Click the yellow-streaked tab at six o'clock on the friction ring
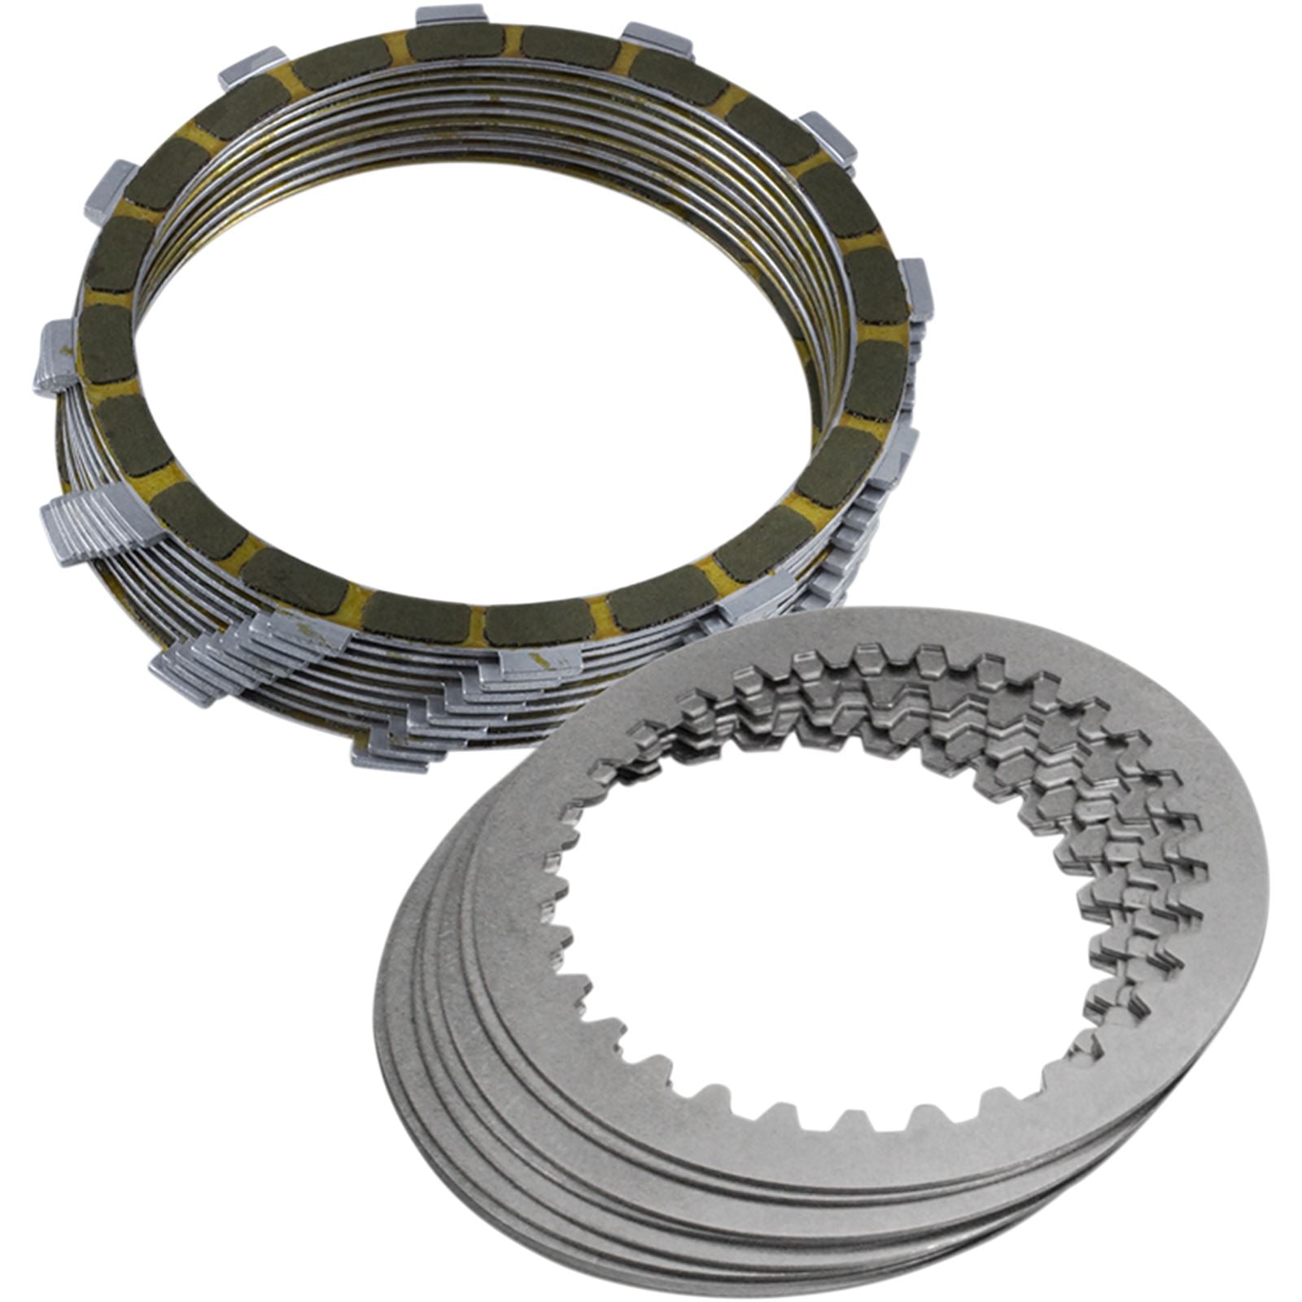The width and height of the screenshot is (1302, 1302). tap(537, 663)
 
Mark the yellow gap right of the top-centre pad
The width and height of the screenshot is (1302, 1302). tap(513, 41)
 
